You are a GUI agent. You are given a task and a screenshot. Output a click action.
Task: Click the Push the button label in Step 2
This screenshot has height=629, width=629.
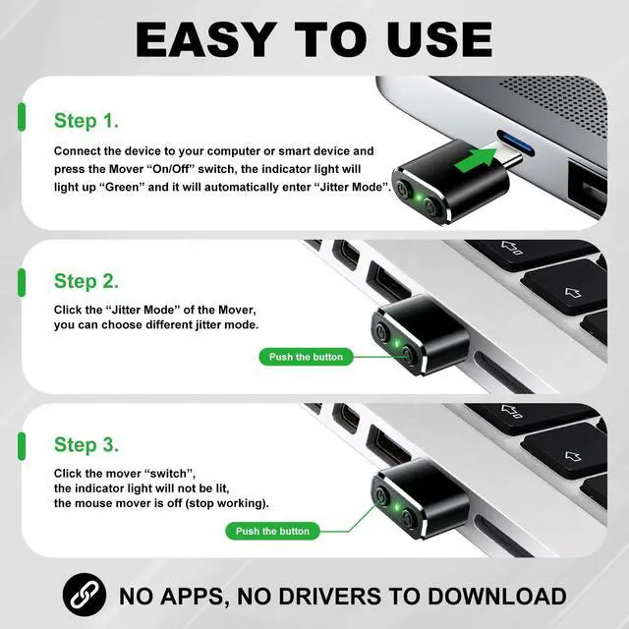point(306,357)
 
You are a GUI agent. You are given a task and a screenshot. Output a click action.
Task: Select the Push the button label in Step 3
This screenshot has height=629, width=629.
point(272,531)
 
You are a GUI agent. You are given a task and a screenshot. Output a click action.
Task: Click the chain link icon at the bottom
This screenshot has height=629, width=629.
point(85,595)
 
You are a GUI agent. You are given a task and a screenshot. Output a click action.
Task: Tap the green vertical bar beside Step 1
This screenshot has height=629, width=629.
point(22,121)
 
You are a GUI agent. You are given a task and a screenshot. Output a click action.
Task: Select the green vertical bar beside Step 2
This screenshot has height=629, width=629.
point(22,281)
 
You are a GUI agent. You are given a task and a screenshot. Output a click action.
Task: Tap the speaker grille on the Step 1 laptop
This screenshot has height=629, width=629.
point(550,93)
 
